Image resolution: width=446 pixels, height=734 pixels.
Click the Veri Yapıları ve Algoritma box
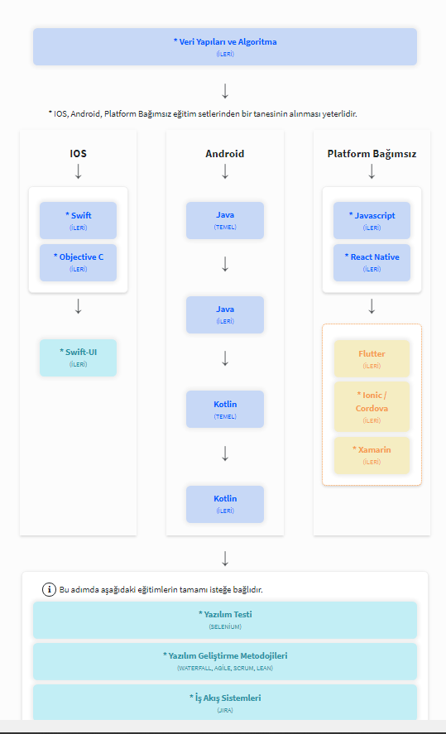224,47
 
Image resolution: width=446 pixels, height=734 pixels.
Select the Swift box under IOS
78,220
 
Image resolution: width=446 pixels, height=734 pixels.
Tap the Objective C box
78,262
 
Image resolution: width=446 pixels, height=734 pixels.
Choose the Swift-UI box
78,357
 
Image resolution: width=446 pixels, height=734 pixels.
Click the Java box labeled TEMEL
224,220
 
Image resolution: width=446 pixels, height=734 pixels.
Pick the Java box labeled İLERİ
224,314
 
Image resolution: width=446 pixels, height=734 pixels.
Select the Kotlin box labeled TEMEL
224,409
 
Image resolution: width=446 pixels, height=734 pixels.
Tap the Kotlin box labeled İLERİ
224,504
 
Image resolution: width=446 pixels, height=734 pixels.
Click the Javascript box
372,220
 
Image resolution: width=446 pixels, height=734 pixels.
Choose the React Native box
372,262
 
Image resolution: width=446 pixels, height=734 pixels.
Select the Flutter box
372,358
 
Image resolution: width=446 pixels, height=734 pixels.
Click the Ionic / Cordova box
372,407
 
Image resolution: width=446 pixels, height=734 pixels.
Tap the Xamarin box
372,455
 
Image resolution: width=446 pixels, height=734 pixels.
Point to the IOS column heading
78,154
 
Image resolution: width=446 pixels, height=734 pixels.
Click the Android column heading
224,154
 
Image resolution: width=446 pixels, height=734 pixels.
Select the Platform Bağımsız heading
372,154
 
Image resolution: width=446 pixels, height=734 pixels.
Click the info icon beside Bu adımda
49,589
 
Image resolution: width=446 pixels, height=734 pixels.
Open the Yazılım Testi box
224,620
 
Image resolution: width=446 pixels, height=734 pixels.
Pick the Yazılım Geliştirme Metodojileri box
224,661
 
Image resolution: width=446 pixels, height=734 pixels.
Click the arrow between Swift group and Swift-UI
78,306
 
